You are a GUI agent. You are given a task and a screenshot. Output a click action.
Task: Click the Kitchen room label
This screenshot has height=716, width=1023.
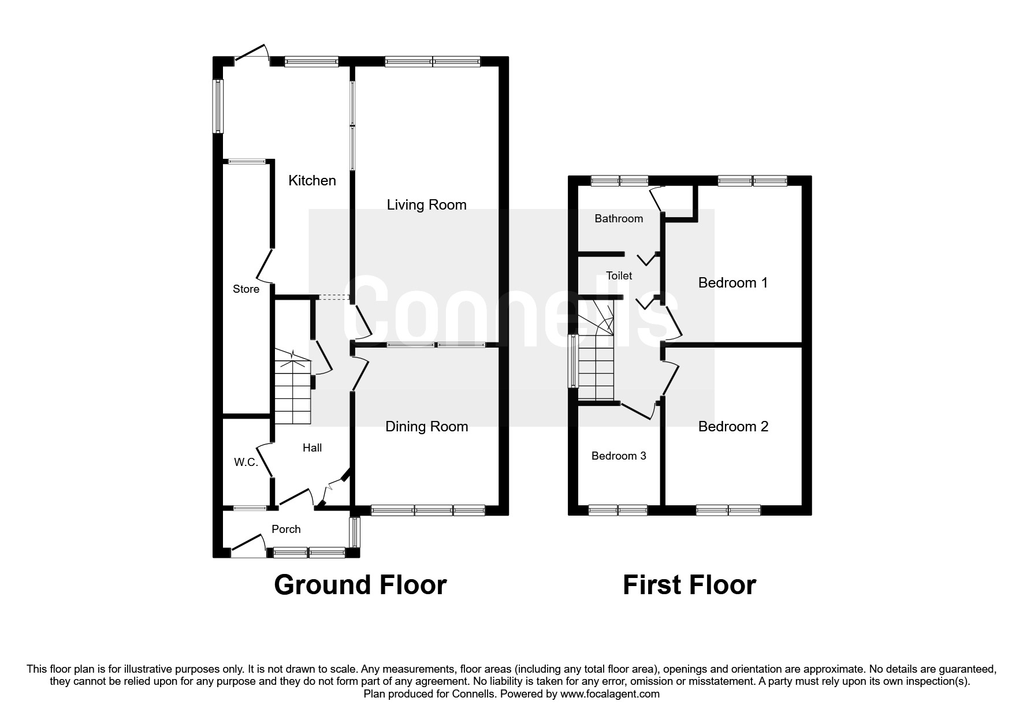point(312,181)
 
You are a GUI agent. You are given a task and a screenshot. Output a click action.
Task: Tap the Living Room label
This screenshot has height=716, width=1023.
point(426,205)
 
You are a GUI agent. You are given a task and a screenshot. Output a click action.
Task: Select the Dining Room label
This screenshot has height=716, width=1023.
point(426,427)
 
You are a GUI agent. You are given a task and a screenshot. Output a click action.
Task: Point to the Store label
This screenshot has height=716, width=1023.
point(246,289)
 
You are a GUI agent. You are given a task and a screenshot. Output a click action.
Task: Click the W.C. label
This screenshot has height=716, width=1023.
point(245,462)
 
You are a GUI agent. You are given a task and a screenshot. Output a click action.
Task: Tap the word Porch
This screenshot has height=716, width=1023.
point(286,529)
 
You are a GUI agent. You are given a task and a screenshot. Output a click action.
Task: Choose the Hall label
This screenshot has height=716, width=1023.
point(313,447)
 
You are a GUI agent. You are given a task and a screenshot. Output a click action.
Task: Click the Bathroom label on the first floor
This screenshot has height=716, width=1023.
point(619,218)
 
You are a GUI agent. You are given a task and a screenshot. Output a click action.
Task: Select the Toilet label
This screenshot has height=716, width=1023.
point(619,276)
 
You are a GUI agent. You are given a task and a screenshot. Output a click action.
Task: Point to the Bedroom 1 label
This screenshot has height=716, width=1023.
point(733,283)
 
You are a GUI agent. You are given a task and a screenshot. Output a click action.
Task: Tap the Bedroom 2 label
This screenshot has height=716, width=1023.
point(733,427)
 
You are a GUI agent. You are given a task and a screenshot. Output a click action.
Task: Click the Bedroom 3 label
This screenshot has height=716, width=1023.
point(619,456)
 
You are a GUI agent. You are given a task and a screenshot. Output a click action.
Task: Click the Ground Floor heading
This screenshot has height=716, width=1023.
point(360,585)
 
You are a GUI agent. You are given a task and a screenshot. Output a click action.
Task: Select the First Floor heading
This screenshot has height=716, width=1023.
point(689,585)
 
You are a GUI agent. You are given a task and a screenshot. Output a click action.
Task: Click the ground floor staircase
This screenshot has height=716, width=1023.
point(292,388)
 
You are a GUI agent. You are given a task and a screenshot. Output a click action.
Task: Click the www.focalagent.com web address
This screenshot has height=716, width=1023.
point(609,694)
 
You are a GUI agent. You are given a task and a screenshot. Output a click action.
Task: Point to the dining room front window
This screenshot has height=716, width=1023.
point(427,510)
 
